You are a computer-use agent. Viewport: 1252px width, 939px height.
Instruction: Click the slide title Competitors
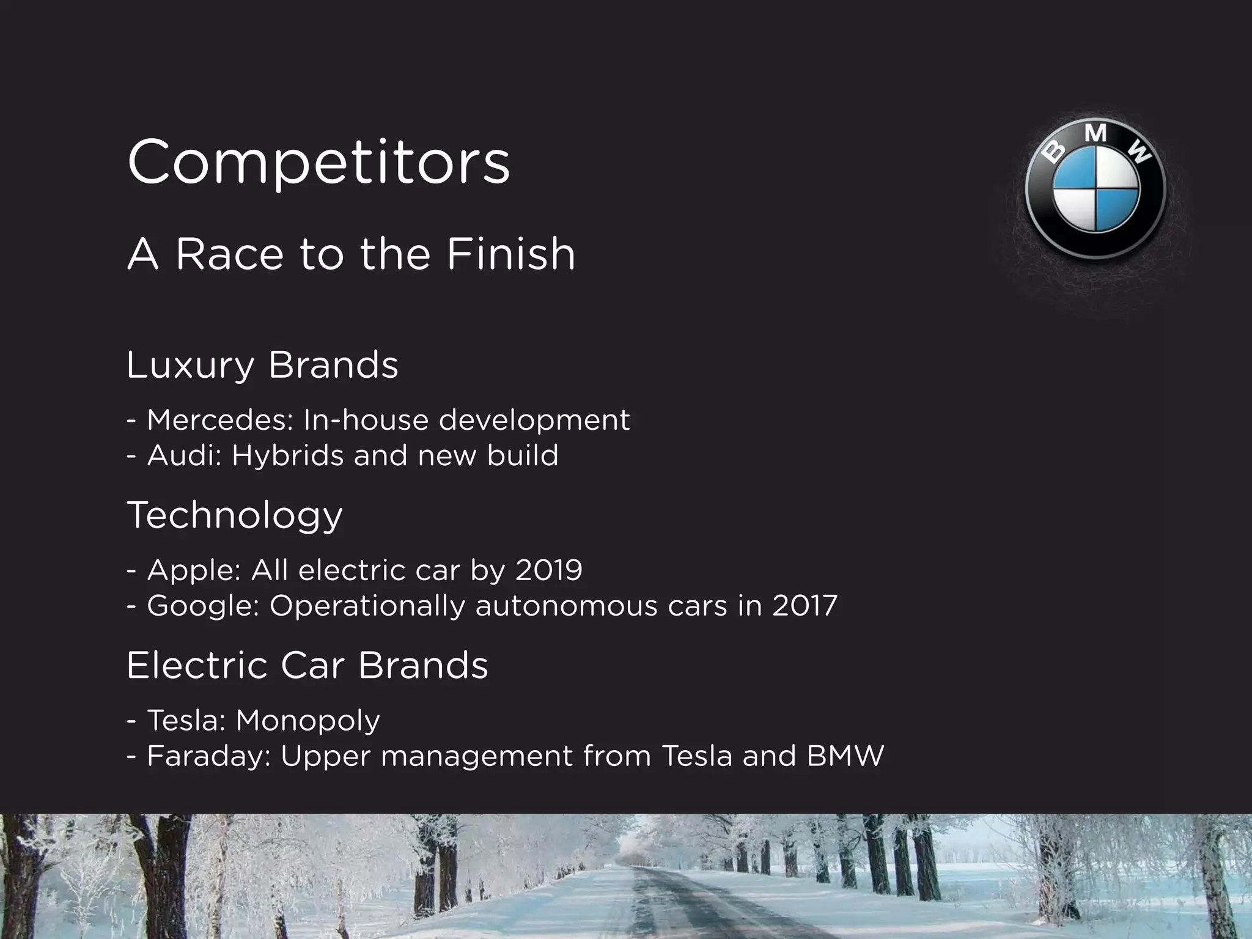pyautogui.click(x=318, y=162)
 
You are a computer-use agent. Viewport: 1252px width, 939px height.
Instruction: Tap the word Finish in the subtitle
pyautogui.click(x=510, y=254)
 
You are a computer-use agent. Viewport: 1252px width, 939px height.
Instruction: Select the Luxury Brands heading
pyautogui.click(x=262, y=365)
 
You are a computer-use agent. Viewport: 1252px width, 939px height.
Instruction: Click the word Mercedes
pyautogui.click(x=221, y=420)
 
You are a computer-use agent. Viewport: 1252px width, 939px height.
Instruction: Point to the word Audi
pyautogui.click(x=184, y=455)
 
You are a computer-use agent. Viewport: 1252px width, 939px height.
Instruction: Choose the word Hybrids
pyautogui.click(x=287, y=455)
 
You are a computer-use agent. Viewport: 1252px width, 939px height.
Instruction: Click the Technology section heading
pyautogui.click(x=235, y=515)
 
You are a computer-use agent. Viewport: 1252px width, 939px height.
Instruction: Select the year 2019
pyautogui.click(x=548, y=570)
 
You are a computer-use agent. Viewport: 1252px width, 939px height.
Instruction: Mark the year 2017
pyautogui.click(x=804, y=606)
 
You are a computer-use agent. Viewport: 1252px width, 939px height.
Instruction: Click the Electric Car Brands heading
pyautogui.click(x=307, y=665)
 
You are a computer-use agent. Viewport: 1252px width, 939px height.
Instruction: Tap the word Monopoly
pyautogui.click(x=307, y=721)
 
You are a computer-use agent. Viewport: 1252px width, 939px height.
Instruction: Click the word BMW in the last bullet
pyautogui.click(x=845, y=756)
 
